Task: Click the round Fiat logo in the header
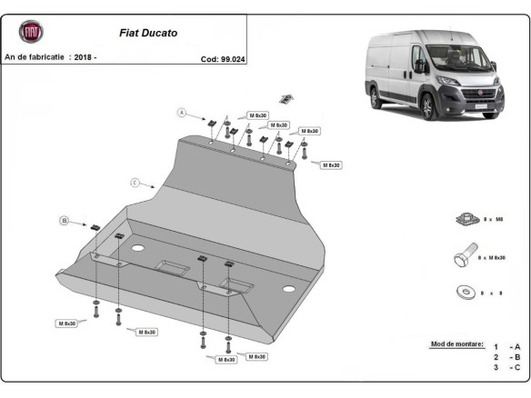coord(30,32)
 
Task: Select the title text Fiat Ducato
coord(149,33)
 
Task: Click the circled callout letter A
coord(181,113)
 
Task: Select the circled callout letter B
coord(65,220)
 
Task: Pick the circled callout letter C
coord(135,183)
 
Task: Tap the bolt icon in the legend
coord(461,257)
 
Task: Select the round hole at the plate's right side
coord(288,289)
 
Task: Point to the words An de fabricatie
coord(35,57)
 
